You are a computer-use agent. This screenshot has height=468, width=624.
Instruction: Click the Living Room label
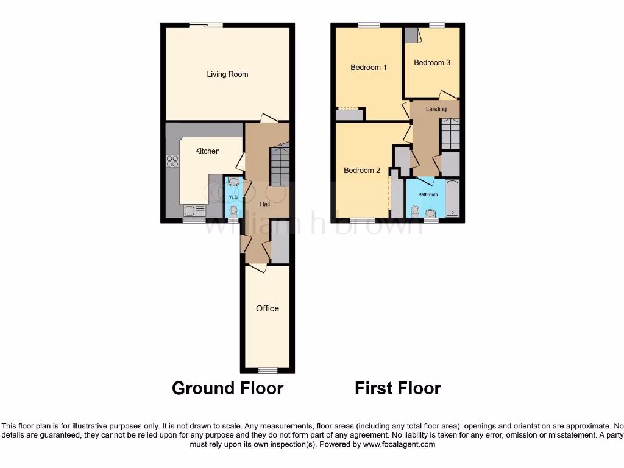pyautogui.click(x=227, y=74)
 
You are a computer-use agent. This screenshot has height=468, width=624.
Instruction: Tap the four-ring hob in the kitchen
pyautogui.click(x=172, y=161)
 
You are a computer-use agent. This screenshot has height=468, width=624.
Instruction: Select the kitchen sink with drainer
pyautogui.click(x=194, y=211)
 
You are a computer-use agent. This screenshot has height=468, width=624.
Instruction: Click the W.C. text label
pyautogui.click(x=233, y=197)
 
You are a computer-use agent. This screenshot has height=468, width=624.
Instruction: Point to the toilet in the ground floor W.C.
pyautogui.click(x=233, y=210)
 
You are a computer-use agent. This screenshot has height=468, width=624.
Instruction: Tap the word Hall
pyautogui.click(x=265, y=204)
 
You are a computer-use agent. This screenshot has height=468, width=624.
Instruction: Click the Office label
pyautogui.click(x=267, y=308)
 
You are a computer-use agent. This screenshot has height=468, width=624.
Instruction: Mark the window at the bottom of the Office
pyautogui.click(x=267, y=370)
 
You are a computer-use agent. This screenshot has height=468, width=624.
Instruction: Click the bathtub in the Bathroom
pyautogui.click(x=452, y=198)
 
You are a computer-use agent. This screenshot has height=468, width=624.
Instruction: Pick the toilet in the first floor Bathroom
pyautogui.click(x=416, y=211)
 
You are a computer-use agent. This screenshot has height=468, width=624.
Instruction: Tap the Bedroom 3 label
pyautogui.click(x=432, y=62)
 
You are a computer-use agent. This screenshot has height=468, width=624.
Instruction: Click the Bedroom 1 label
pyautogui.click(x=369, y=68)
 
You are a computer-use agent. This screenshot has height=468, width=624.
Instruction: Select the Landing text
pyautogui.click(x=436, y=109)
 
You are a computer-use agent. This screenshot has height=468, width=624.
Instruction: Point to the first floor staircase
pyautogui.click(x=450, y=133)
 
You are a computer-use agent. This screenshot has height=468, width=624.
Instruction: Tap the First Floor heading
pyautogui.click(x=398, y=388)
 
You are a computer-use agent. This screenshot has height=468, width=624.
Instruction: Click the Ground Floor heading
pyautogui.click(x=227, y=388)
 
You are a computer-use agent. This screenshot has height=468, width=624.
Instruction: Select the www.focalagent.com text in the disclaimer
pyautogui.click(x=399, y=444)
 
